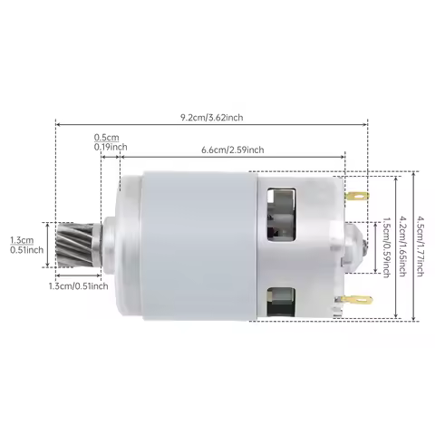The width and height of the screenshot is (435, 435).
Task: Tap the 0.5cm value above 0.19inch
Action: point(106,138)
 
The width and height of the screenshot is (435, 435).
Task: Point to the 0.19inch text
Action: point(111,147)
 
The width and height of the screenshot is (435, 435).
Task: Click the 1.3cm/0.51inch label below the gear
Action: point(78,286)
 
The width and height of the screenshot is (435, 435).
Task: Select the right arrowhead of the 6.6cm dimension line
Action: point(344,156)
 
